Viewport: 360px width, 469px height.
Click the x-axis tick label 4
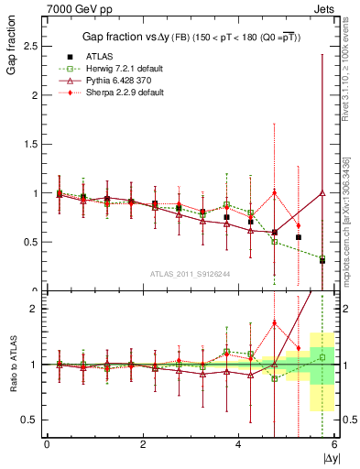click(x=239, y=445)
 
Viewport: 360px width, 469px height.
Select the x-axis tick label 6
click(x=335, y=445)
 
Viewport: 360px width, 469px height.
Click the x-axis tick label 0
click(x=47, y=445)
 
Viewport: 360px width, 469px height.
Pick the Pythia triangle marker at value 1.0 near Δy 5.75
click(x=322, y=193)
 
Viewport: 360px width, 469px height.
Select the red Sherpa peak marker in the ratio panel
click(x=274, y=322)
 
